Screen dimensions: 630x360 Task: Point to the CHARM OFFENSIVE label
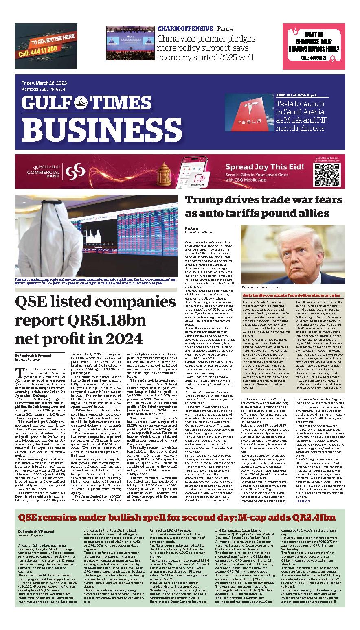tap(185, 28)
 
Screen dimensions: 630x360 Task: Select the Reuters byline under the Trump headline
tap(191, 229)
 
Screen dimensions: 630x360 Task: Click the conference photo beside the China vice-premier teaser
tap(130, 41)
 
